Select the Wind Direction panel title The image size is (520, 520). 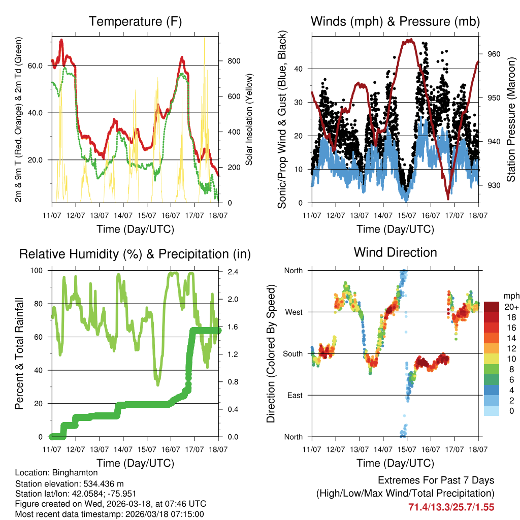(395, 252)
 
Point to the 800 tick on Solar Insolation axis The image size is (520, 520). (234, 61)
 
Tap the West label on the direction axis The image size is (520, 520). (293, 312)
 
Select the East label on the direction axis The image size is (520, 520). (294, 395)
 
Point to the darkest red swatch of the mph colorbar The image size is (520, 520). (491, 307)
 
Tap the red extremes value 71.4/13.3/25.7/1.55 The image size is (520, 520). (451, 507)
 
